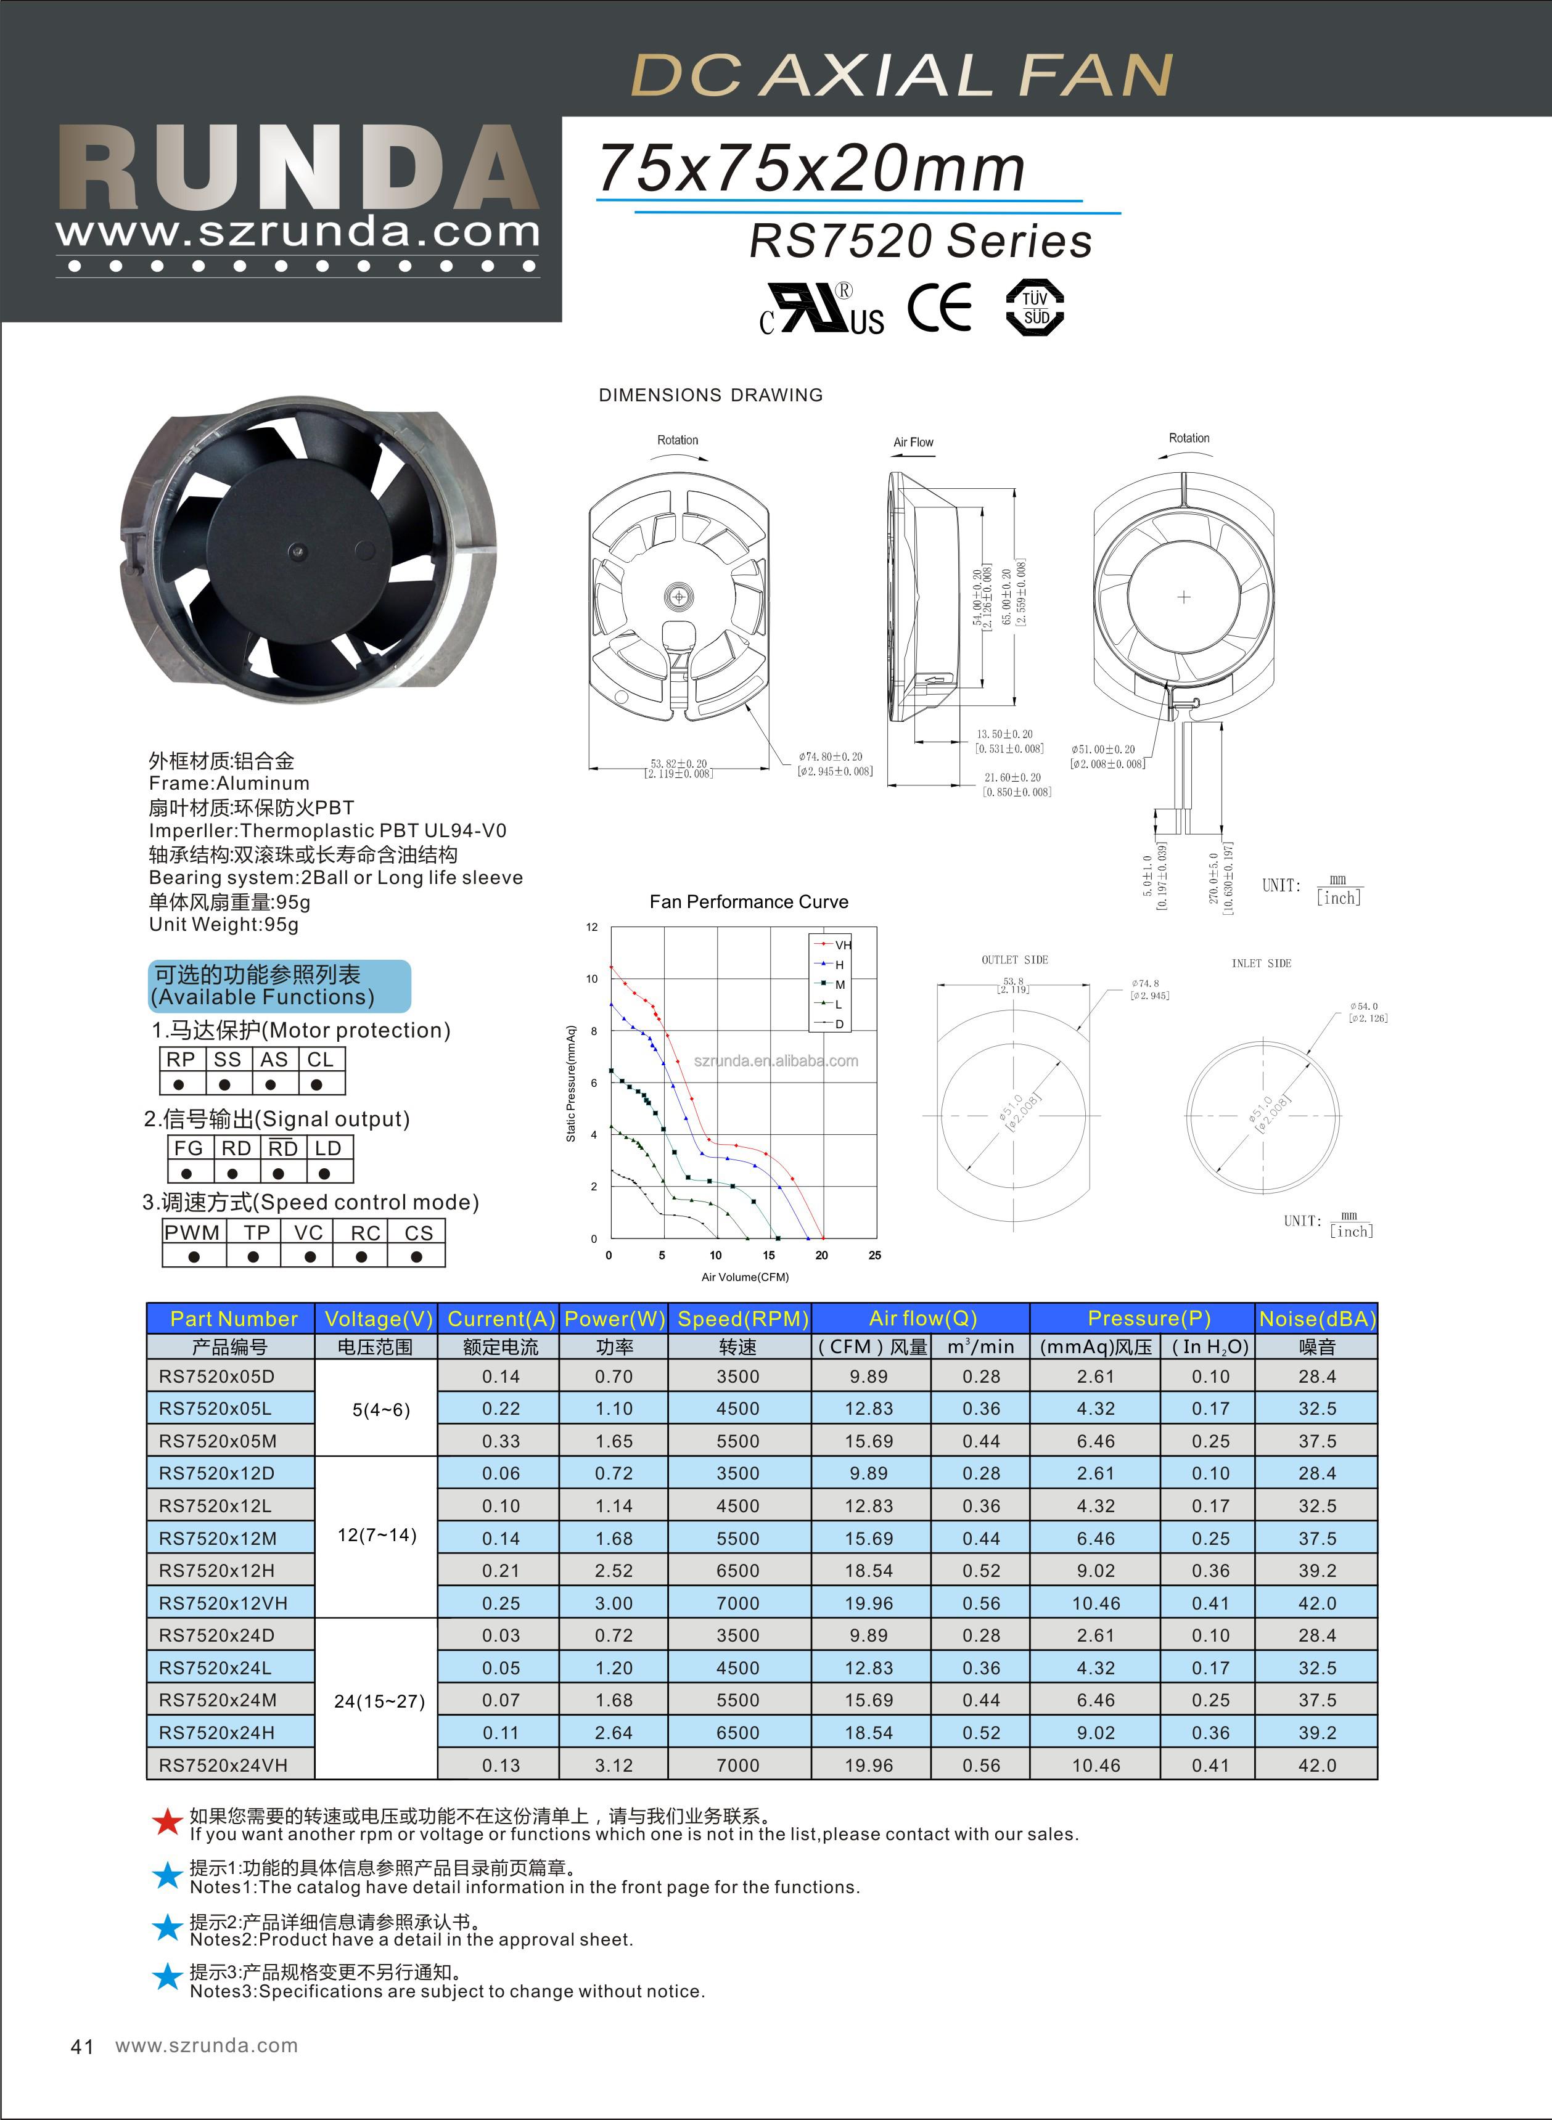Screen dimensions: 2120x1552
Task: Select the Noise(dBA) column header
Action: click(x=1316, y=1318)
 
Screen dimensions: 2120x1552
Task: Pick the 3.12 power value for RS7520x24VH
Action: click(x=614, y=1765)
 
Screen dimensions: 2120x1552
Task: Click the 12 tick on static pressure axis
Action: click(x=592, y=927)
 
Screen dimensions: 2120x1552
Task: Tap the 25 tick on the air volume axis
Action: click(x=874, y=1255)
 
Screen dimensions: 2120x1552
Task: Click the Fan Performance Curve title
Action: click(x=749, y=902)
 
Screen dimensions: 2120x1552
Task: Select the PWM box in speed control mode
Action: click(x=192, y=1232)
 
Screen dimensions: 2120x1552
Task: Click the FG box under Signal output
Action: click(x=188, y=1148)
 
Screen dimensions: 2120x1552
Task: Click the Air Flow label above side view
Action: click(x=913, y=443)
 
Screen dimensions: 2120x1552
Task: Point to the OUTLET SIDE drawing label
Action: click(x=1014, y=960)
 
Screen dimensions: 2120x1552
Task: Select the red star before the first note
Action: click(x=167, y=1821)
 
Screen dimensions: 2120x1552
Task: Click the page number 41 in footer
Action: click(x=82, y=2046)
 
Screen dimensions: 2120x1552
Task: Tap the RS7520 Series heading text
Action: click(x=921, y=242)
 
